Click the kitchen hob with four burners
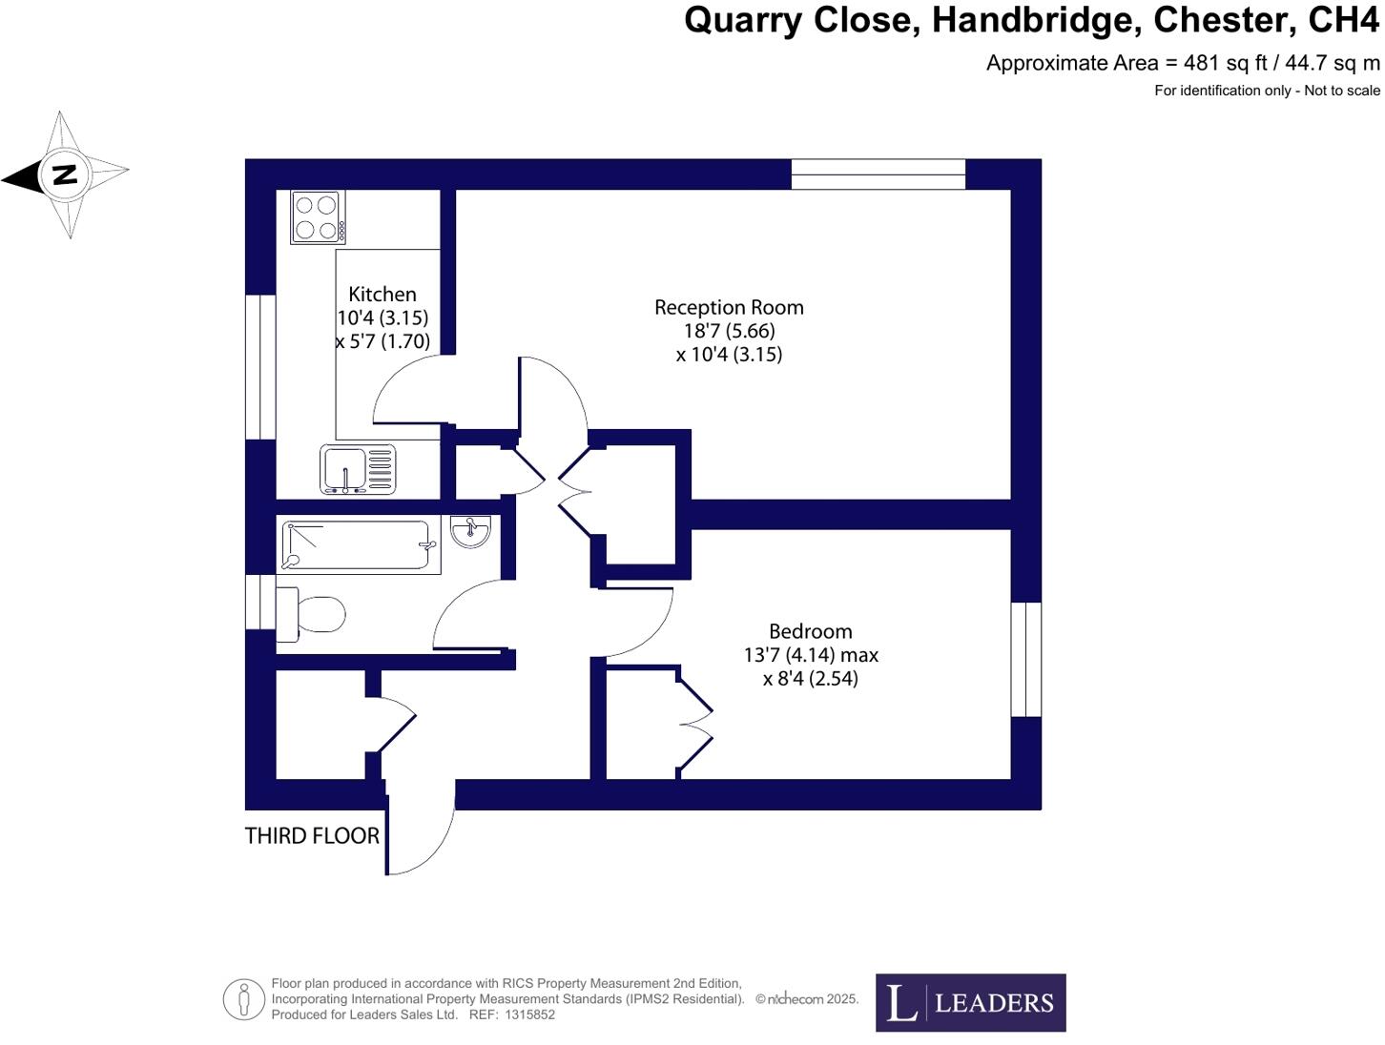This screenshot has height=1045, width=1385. (x=318, y=217)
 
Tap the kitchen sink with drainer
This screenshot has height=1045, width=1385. (x=358, y=470)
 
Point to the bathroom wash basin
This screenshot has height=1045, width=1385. (x=470, y=532)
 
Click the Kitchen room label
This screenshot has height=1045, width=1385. (x=382, y=295)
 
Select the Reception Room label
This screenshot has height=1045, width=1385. (x=729, y=308)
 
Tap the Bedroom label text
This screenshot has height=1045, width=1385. (x=810, y=631)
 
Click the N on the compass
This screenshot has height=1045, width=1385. (x=65, y=174)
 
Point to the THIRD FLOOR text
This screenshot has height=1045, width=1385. (x=312, y=836)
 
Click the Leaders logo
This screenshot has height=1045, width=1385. (x=970, y=1003)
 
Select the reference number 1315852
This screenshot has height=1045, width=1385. (x=530, y=1015)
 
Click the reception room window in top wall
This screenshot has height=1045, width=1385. (x=879, y=174)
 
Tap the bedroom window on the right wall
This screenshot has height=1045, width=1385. (x=1026, y=659)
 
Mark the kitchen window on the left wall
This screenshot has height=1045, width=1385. (x=260, y=367)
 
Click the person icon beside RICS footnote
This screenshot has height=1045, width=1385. (x=243, y=1000)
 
